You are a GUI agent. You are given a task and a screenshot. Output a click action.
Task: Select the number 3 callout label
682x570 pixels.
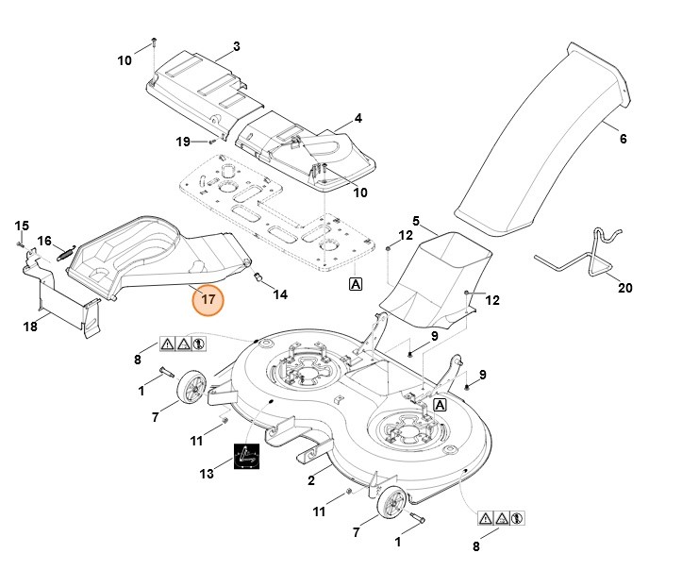(236, 46)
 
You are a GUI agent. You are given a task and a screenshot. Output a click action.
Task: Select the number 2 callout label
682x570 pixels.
(311, 480)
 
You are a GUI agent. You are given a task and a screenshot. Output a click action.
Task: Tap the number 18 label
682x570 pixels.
(29, 326)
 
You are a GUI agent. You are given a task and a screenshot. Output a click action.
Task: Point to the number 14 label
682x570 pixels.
(280, 294)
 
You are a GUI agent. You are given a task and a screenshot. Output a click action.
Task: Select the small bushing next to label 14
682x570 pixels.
(258, 276)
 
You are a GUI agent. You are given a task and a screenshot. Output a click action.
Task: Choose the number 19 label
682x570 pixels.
(183, 142)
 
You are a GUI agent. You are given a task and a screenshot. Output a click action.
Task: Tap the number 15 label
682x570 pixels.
(22, 225)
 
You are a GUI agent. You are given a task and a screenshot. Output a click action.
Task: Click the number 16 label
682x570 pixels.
(43, 242)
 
